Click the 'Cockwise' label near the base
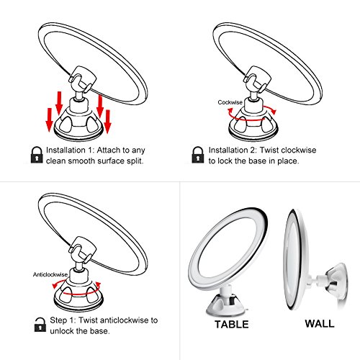tap(230, 102)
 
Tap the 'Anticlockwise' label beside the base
tap(50, 274)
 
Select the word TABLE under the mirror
tap(232, 324)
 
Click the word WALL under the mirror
tap(320, 323)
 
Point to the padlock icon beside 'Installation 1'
tap(37, 155)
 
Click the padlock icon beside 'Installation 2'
tap(198, 155)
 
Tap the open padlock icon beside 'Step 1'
tap(40, 325)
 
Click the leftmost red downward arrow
tap(50, 120)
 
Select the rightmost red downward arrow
tap(107, 121)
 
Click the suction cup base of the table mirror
tap(225, 305)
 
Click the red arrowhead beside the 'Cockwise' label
tap(230, 111)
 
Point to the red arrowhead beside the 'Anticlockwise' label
tap(55, 285)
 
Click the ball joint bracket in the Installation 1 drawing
tap(82, 79)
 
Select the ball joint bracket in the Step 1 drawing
tap(82, 250)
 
